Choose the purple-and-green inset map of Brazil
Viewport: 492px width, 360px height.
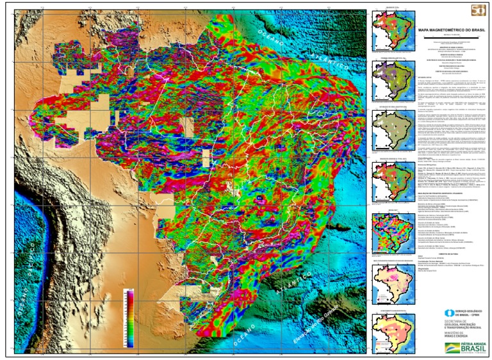pos(391,76)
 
